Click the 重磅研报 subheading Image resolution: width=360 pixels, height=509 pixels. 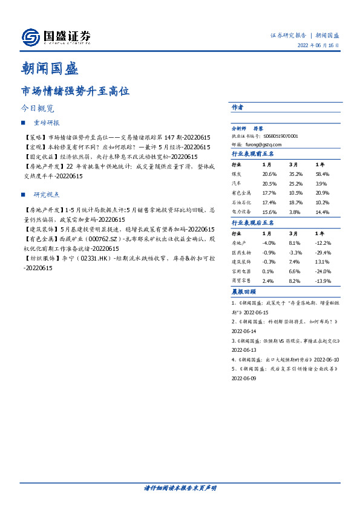click(47, 123)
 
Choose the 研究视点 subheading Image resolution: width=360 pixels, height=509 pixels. click(47, 195)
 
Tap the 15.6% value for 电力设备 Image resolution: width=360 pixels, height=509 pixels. click(270, 212)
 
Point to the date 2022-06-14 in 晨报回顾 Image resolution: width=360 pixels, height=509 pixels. click(244, 332)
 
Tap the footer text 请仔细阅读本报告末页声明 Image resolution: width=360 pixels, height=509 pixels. click(180, 487)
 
